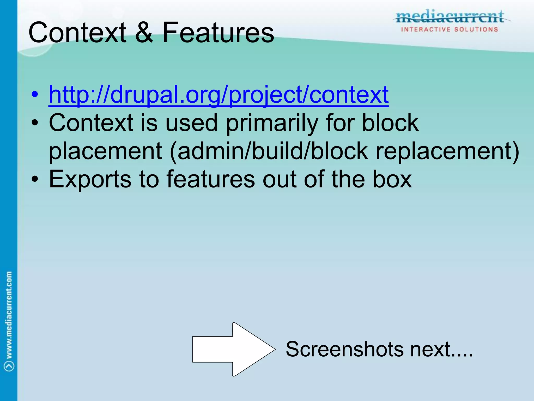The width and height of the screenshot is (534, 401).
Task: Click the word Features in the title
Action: pos(218,33)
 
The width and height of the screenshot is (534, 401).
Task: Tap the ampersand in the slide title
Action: pos(144,33)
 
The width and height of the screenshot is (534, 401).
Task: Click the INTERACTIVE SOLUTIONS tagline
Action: pos(450,30)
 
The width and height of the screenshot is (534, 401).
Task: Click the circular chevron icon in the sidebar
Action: pos(9,366)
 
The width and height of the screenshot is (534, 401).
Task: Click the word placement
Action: pos(106,151)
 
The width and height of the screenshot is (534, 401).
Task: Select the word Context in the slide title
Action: pos(77,33)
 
